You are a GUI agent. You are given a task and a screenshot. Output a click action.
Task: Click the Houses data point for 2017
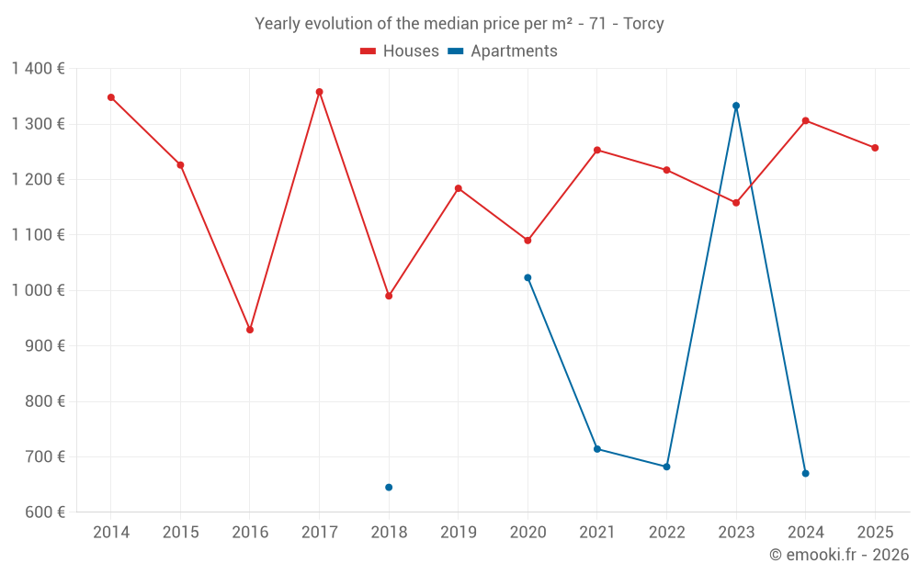pyautogui.click(x=319, y=92)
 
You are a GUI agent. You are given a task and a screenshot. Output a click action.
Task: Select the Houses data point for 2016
pyautogui.click(x=250, y=330)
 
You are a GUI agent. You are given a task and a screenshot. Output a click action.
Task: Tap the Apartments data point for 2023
pyautogui.click(x=736, y=106)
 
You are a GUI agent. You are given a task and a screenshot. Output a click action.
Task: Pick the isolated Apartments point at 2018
pyautogui.click(x=389, y=487)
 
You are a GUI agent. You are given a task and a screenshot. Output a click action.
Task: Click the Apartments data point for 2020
pyautogui.click(x=528, y=277)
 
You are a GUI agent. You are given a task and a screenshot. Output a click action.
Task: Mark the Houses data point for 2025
pyautogui.click(x=875, y=148)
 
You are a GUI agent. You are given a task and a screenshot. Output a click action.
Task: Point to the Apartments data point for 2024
pyautogui.click(x=805, y=473)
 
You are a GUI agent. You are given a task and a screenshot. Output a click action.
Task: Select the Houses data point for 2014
pyautogui.click(x=111, y=97)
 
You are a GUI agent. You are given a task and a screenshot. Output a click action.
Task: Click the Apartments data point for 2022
pyautogui.click(x=666, y=467)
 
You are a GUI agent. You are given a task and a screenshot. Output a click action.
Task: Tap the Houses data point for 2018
pyautogui.click(x=389, y=296)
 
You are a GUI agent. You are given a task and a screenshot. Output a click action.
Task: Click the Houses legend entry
pyautogui.click(x=400, y=51)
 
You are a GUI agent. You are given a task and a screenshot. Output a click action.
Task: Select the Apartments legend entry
pyautogui.click(x=503, y=51)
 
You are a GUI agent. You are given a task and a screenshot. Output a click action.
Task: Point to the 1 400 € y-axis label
pyautogui.click(x=38, y=69)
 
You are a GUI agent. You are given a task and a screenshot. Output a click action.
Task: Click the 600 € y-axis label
pyautogui.click(x=43, y=512)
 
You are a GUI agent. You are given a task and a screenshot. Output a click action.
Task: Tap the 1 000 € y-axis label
pyautogui.click(x=38, y=290)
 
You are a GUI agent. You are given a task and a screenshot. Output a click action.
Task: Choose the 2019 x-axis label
pyautogui.click(x=458, y=533)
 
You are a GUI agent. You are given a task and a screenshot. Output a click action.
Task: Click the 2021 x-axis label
pyautogui.click(x=597, y=533)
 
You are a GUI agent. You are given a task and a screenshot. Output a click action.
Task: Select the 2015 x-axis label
pyautogui.click(x=180, y=533)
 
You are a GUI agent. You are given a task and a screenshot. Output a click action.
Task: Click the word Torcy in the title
pyautogui.click(x=643, y=24)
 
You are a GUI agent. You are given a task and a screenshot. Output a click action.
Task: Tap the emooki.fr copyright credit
pyautogui.click(x=838, y=555)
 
